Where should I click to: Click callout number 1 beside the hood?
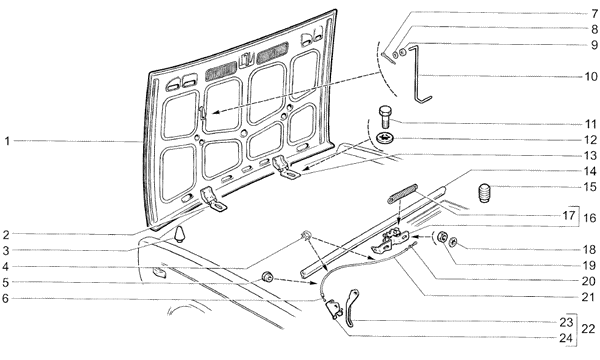click(7, 142)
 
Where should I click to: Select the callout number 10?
click(590, 77)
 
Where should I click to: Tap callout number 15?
click(590, 187)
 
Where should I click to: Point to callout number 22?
click(589, 329)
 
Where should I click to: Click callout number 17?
click(569, 215)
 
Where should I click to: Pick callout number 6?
click(5, 298)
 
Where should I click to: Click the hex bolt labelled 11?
click(385, 117)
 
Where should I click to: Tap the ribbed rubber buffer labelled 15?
click(485, 193)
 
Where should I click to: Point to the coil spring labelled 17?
click(402, 194)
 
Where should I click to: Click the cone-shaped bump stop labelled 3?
click(179, 234)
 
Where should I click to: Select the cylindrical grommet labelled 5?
click(266, 277)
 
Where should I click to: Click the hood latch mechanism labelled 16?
click(390, 242)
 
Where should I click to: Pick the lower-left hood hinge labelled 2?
click(212, 199)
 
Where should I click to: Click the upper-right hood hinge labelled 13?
click(285, 167)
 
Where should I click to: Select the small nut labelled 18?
click(453, 242)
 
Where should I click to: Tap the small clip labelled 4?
click(306, 235)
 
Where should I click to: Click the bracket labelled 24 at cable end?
click(333, 308)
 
